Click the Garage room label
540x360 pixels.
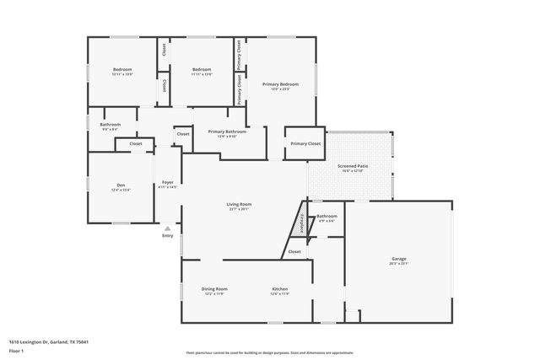tap(399, 259)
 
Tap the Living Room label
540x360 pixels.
tap(239, 204)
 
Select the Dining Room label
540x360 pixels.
tap(216, 288)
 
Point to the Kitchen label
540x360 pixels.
tap(279, 288)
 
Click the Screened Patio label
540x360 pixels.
tap(353, 166)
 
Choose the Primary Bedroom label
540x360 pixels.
tap(280, 84)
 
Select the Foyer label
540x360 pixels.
tap(168, 182)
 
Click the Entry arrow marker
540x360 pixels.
tap(168, 228)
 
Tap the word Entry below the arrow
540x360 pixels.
tap(168, 235)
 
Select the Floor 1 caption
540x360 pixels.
tap(16, 350)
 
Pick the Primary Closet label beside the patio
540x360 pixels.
tap(305, 144)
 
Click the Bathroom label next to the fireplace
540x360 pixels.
tap(327, 217)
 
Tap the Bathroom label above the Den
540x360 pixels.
tap(111, 125)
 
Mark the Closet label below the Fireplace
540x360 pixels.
tap(294, 251)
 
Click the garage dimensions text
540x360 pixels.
tap(399, 264)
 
